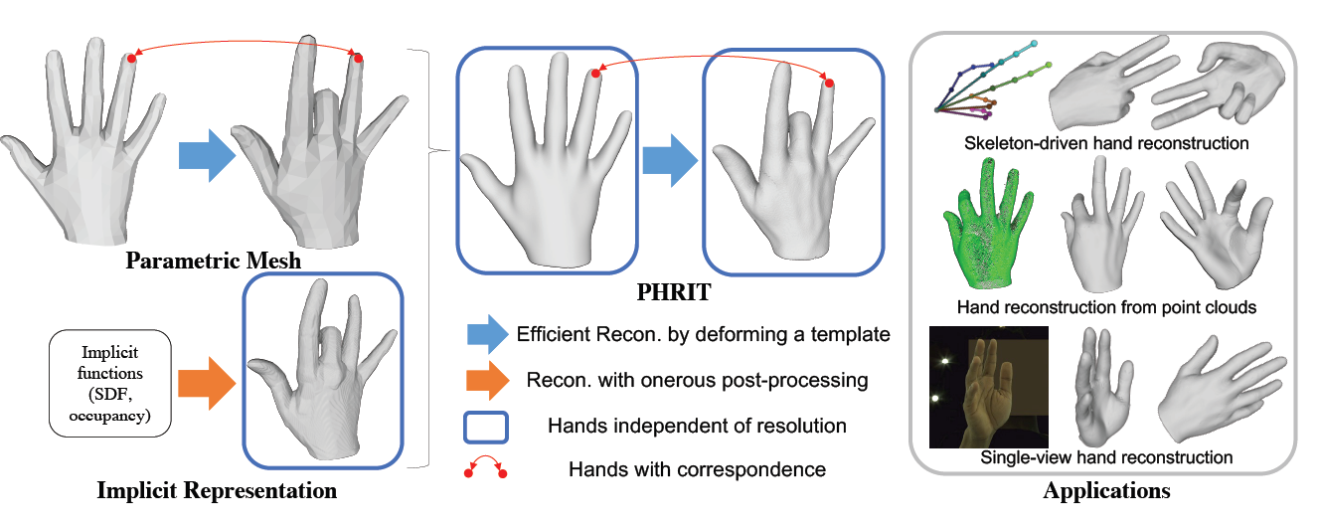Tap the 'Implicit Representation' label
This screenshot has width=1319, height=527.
click(x=217, y=491)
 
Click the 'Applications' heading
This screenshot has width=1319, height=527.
click(x=1105, y=491)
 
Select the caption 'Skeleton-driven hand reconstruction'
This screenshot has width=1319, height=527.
click(x=1106, y=143)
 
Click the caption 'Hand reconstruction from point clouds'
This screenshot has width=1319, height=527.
click(x=1106, y=307)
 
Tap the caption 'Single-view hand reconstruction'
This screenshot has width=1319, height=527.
click(x=1106, y=458)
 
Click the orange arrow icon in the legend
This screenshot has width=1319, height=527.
click(x=484, y=381)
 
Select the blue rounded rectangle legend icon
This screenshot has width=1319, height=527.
click(x=484, y=426)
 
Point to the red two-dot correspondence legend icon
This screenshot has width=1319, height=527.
click(x=484, y=466)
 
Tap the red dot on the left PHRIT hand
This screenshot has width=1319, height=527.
click(x=594, y=73)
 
